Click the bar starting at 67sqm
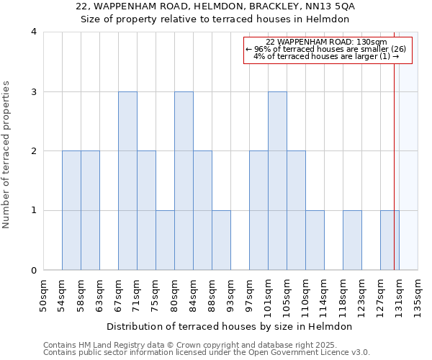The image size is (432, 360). (127, 181)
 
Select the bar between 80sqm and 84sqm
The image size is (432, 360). (184, 181)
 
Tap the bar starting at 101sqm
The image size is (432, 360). (277, 181)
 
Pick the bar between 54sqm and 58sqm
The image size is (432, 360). (71, 210)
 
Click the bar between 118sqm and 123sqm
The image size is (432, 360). (352, 240)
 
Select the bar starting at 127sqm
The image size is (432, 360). (390, 240)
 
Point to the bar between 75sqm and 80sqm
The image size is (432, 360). (165, 240)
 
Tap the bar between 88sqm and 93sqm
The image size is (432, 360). (221, 240)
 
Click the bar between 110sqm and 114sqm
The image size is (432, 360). (315, 240)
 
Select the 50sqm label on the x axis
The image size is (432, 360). (43, 295)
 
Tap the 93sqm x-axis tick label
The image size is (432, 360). (230, 295)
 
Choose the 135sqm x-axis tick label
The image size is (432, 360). (418, 295)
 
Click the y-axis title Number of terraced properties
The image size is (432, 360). (7, 155)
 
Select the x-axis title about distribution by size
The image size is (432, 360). (230, 326)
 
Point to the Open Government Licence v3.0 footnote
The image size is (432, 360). (207, 353)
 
